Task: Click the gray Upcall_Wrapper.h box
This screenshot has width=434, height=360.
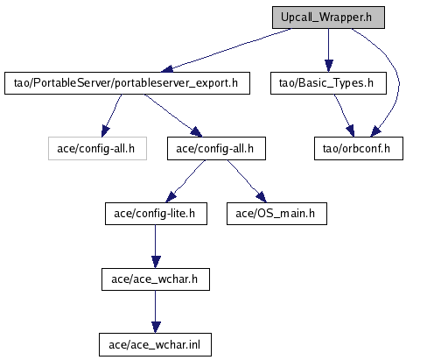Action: [x=328, y=18]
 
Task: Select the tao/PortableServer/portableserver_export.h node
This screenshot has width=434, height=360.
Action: [x=127, y=83]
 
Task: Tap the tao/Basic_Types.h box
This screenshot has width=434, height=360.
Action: [x=328, y=83]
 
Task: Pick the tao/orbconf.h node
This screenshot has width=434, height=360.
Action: [x=359, y=149]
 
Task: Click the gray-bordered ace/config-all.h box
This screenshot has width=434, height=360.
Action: [x=97, y=149]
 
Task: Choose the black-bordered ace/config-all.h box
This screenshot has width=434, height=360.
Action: [x=216, y=149]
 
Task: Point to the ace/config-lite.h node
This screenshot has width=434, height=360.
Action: [x=156, y=214]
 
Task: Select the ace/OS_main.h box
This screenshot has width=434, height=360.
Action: [x=276, y=214]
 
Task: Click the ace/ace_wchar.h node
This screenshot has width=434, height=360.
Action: [x=156, y=279]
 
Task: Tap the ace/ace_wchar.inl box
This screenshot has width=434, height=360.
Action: [x=155, y=345]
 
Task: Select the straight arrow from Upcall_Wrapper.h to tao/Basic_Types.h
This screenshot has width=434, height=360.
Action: [x=329, y=50]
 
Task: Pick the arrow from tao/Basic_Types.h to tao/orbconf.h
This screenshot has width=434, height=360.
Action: [x=344, y=116]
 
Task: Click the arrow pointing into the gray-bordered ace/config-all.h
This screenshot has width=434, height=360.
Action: [x=111, y=116]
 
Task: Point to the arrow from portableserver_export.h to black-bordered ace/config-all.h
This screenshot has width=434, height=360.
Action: [x=173, y=116]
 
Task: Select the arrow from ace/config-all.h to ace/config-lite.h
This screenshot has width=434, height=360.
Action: [x=185, y=182]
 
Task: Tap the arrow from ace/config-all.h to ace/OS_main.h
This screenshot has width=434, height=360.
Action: [x=248, y=181]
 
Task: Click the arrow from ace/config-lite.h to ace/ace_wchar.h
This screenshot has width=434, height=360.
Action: [x=156, y=247]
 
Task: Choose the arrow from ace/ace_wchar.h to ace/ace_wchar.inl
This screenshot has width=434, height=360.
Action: [x=156, y=312]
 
